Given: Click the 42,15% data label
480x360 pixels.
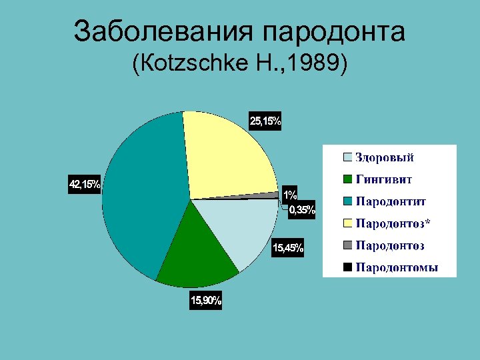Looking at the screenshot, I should pos(85,184).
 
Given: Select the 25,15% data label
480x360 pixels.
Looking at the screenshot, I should pos(265,121).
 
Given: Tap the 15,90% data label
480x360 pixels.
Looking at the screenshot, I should pos(206,301).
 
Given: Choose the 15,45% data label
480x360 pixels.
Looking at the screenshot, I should pos(287,249).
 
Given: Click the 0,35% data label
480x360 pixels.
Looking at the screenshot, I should pos(301,211).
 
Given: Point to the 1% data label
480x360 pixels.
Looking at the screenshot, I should pos(290,195).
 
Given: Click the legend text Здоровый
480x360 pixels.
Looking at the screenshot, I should pos(385,157).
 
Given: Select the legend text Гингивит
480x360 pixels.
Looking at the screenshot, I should pos(384,179).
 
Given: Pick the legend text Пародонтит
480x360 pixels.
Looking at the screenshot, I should pos(391,201).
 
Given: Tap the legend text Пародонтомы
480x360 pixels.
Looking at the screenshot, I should pos(397,268).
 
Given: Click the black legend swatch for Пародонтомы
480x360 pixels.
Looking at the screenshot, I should pos(348,268).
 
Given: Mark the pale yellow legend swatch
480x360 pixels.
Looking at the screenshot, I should pos(348,223).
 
